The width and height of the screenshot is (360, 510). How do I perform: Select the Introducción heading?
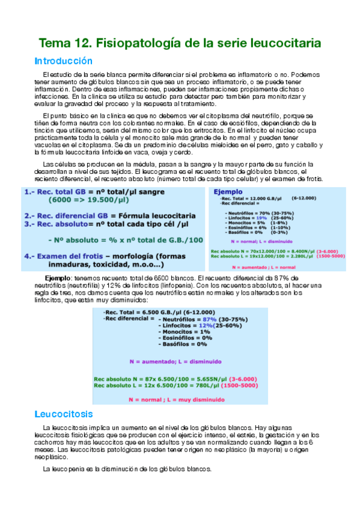64,61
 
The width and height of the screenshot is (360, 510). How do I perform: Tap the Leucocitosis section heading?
64,414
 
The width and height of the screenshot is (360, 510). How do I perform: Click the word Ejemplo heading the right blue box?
228,191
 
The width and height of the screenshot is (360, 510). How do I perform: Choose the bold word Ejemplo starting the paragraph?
58,278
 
